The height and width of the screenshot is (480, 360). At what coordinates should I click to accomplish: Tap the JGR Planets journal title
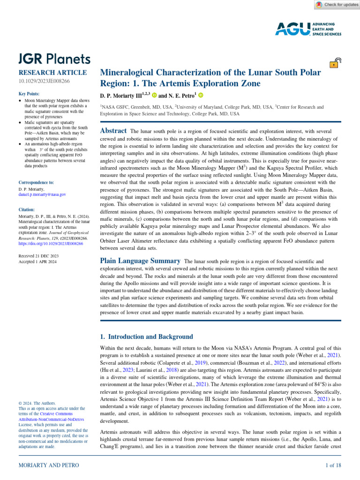[x=54, y=59]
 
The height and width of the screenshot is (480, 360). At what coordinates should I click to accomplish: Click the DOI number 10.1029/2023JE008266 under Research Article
[x=44, y=82]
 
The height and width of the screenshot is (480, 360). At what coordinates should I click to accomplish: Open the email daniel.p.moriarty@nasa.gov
[x=42, y=194]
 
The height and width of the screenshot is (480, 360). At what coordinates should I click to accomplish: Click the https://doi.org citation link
[x=50, y=244]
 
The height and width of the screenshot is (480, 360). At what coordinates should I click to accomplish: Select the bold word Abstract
[x=113, y=131]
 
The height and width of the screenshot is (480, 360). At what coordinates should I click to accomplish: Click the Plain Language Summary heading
[x=141, y=261]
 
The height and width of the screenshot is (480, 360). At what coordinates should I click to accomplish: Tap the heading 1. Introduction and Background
[x=146, y=337]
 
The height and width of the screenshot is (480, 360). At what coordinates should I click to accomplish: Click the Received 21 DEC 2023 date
[x=38, y=256]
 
